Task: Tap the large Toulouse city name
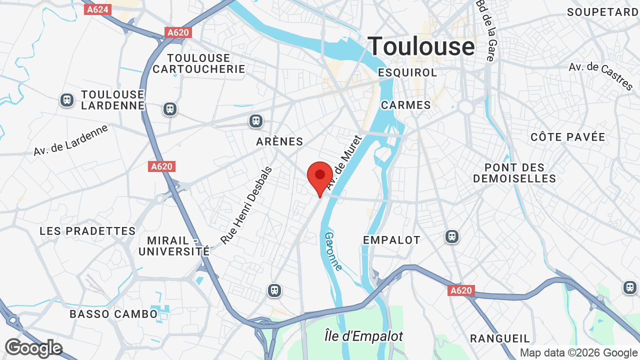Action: tap(421, 46)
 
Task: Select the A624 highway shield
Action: tap(97, 9)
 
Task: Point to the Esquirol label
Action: tap(407, 72)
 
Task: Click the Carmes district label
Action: tap(405, 105)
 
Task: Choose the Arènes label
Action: tap(279, 141)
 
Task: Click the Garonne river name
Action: tap(333, 251)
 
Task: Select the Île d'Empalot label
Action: tap(363, 336)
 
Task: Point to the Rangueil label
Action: tap(500, 339)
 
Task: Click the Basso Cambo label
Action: tap(113, 314)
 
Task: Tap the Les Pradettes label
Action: tap(87, 231)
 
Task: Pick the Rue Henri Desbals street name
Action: tap(246, 205)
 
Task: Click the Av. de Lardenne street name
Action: tap(71, 140)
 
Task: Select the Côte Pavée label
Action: tap(567, 137)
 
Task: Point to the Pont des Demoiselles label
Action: tap(514, 173)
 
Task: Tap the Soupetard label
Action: tap(602, 12)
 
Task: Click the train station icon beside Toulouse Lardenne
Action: tap(67, 100)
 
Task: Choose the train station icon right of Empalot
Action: tap(451, 236)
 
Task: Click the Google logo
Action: tap(33, 348)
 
